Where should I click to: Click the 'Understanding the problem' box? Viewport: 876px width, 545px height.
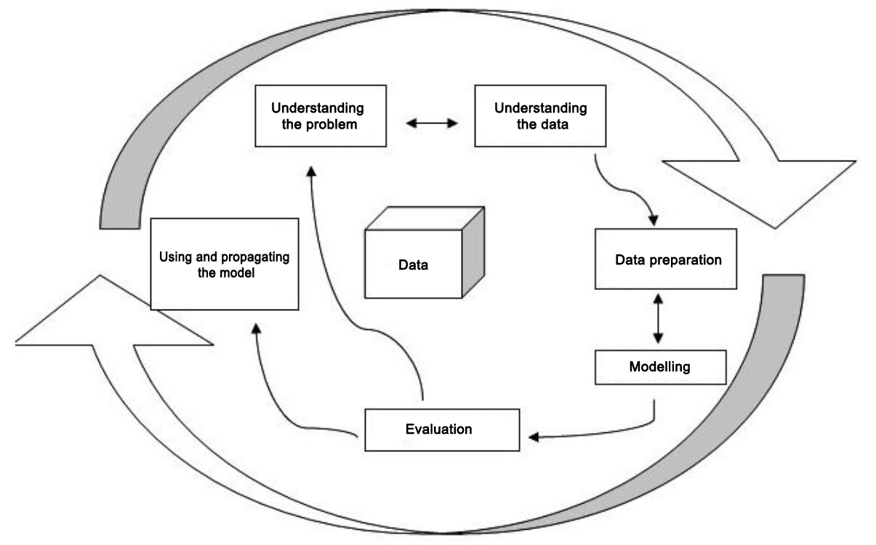318,116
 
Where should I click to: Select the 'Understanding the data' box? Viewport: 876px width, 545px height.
541,116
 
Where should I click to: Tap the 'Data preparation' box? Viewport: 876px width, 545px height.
666,259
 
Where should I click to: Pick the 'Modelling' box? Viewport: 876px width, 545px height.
660,367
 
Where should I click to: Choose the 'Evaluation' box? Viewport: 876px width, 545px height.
441,429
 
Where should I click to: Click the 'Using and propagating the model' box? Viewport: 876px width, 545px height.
224,263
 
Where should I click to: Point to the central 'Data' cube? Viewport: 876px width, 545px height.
414,265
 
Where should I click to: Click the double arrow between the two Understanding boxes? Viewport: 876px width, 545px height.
432,124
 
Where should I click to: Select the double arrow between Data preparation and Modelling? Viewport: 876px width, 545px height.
659,318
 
